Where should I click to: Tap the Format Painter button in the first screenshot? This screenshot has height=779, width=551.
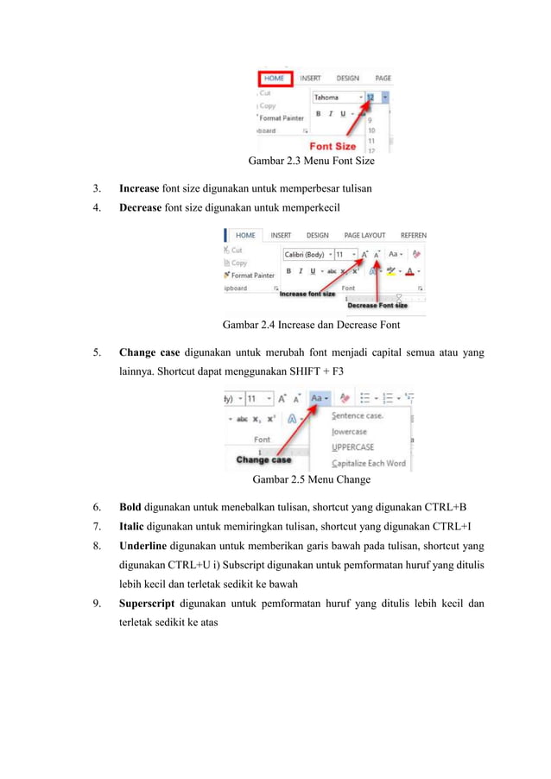point(282,117)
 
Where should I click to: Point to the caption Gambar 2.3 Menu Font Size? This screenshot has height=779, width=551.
point(311,161)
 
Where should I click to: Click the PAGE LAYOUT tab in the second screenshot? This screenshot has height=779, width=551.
point(364,235)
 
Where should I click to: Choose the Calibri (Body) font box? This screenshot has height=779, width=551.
point(305,255)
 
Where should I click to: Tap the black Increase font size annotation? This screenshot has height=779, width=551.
point(307,294)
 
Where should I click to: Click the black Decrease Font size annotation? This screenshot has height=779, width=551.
point(377,304)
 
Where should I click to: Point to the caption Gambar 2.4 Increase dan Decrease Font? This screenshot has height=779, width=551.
point(311,326)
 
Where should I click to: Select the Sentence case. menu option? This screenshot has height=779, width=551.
point(358,415)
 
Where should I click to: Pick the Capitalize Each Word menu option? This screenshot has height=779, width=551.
point(368,464)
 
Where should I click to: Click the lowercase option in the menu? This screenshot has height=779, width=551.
point(350,431)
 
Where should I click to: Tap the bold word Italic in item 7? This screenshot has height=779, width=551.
point(132,526)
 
